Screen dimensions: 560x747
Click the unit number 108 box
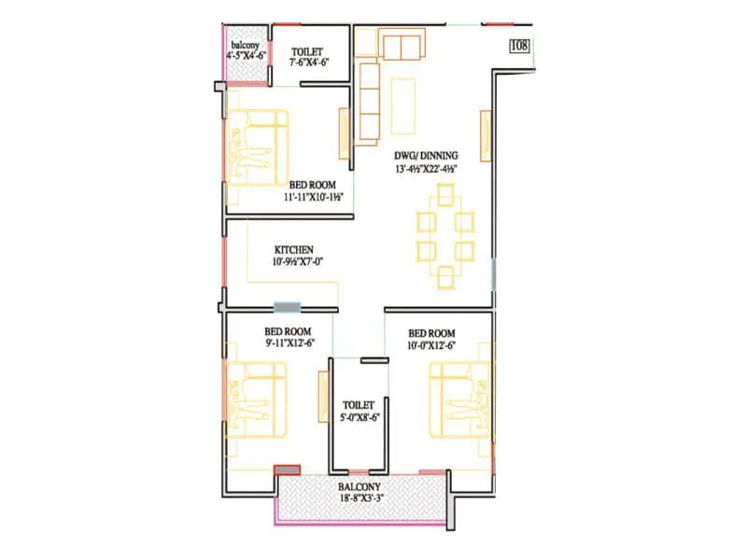click(520, 43)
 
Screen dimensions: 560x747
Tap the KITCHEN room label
click(293, 250)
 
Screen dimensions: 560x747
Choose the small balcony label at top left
click(247, 44)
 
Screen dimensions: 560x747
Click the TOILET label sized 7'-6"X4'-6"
click(309, 51)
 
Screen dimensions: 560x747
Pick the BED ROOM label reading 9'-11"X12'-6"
click(287, 333)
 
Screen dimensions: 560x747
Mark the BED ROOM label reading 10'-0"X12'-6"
click(431, 333)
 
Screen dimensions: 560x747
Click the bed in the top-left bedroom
click(255, 147)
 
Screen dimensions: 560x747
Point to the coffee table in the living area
click(403, 106)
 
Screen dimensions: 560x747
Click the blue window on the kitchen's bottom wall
click(289, 306)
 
